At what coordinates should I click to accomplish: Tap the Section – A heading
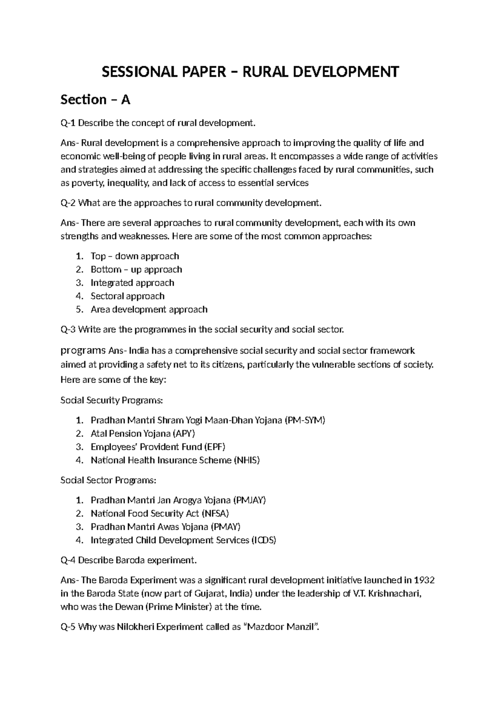click(x=96, y=100)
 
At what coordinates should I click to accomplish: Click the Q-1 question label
click(x=68, y=123)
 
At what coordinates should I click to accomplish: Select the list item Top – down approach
click(x=134, y=256)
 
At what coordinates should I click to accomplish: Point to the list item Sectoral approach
click(x=127, y=296)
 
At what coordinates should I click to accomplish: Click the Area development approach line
click(x=149, y=310)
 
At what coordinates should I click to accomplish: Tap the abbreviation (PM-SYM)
click(x=305, y=420)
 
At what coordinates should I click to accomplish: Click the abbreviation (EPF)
click(x=215, y=447)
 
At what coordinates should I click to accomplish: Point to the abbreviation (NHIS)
click(x=247, y=460)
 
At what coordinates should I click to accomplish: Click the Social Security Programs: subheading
click(x=111, y=401)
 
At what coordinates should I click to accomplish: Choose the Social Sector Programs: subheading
click(x=109, y=480)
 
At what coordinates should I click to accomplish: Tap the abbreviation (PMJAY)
click(x=249, y=500)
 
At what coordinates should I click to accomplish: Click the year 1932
click(x=425, y=580)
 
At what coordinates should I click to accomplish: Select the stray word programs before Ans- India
click(x=83, y=350)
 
